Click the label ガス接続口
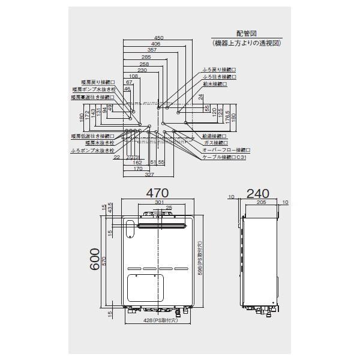point(215,143)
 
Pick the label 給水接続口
point(215,84)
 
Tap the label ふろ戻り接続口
point(220,70)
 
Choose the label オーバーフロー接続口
point(226,150)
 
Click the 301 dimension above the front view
point(159,202)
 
